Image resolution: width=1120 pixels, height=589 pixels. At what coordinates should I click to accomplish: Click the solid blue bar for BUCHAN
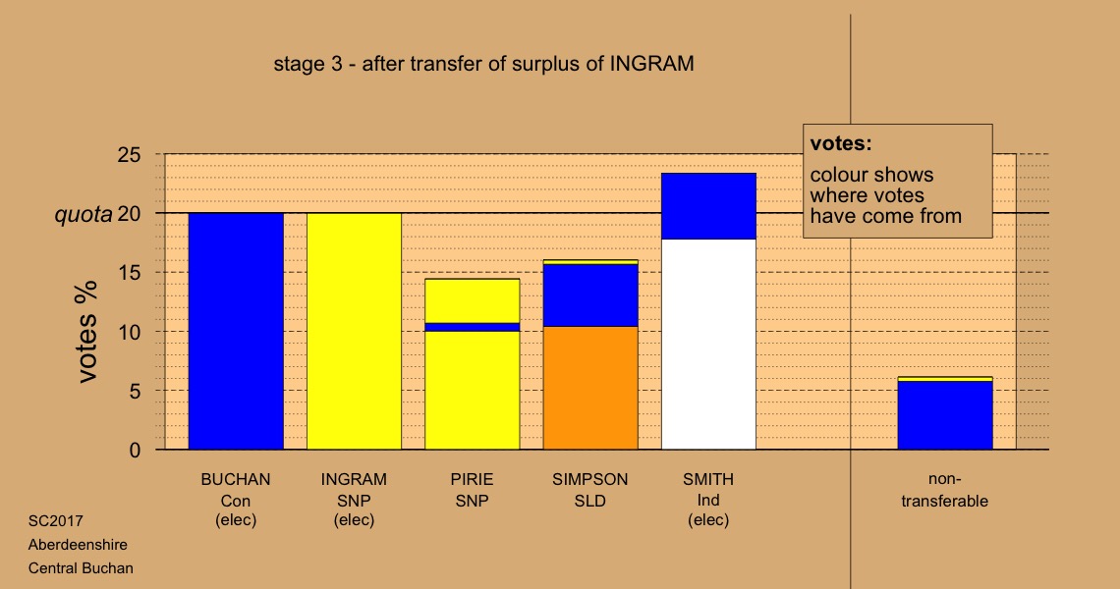click(x=236, y=331)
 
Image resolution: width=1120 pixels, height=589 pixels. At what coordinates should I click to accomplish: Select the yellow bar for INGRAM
click(x=355, y=331)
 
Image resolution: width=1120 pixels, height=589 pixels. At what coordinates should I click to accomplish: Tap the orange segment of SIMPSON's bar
click(x=590, y=388)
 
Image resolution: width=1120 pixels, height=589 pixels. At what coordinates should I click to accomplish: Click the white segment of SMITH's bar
click(x=708, y=345)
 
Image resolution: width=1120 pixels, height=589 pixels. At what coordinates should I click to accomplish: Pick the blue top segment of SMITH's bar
click(x=708, y=206)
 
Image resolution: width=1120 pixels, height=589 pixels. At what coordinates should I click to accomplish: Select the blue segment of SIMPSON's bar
click(x=590, y=295)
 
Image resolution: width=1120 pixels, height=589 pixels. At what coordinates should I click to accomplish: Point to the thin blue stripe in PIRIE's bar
click(x=473, y=327)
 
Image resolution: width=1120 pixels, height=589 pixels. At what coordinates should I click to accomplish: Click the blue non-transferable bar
click(x=945, y=415)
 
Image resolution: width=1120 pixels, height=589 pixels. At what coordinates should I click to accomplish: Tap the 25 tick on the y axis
click(x=130, y=154)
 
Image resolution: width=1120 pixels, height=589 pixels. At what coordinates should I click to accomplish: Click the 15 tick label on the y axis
click(x=130, y=273)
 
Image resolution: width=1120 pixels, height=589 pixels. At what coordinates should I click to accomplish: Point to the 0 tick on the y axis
click(x=135, y=451)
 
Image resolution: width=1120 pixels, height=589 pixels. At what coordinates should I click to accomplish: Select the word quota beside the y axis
click(x=84, y=215)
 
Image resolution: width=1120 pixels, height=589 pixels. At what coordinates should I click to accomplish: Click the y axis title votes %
click(x=87, y=332)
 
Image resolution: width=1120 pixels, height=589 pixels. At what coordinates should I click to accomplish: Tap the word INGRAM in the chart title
click(x=651, y=64)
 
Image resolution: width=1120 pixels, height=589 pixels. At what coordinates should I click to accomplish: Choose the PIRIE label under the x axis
click(x=473, y=479)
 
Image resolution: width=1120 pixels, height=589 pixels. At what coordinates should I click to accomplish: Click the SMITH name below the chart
click(x=708, y=479)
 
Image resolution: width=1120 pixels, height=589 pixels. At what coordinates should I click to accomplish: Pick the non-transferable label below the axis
click(x=945, y=490)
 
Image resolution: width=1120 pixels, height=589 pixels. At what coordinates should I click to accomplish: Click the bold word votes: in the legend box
click(x=841, y=143)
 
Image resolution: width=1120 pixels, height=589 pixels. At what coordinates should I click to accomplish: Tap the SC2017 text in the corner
click(x=56, y=521)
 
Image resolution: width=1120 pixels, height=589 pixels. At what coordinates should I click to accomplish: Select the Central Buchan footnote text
click(x=81, y=568)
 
